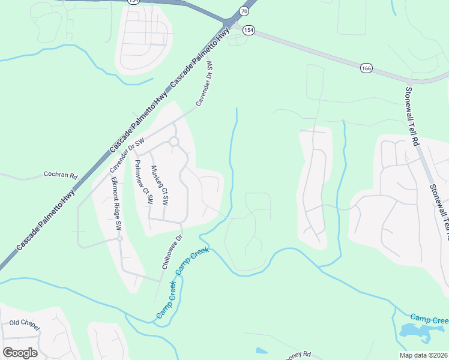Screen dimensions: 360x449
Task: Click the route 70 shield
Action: click(x=244, y=11)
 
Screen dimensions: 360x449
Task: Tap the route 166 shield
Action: click(x=366, y=68)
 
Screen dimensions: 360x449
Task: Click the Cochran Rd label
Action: click(x=61, y=176)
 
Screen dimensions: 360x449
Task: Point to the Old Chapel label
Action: click(x=24, y=323)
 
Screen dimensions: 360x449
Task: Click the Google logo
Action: click(x=20, y=352)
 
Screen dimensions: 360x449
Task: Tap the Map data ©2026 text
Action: click(x=424, y=355)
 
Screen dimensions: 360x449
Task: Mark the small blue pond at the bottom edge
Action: click(x=262, y=350)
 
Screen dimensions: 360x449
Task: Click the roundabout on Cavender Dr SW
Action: click(x=174, y=142)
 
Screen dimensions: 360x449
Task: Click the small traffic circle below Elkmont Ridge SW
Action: click(x=120, y=238)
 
